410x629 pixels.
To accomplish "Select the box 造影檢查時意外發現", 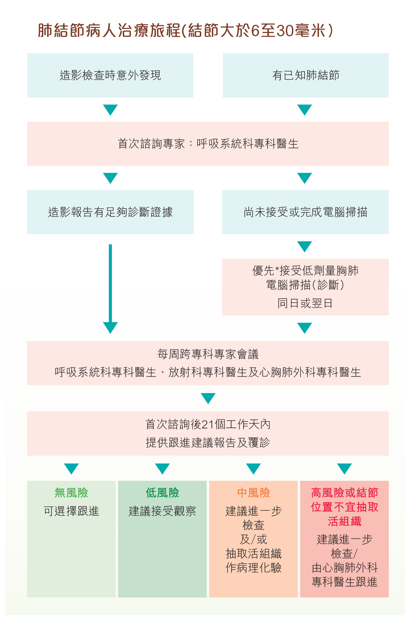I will pos(110,75).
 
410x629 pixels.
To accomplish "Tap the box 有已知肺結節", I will pos(306,75).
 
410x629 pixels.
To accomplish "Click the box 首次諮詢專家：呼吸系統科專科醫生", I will pos(208,144).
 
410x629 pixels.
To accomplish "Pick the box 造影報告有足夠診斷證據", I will pos(110,212).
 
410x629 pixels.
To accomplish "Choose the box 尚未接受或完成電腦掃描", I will pos(305,212).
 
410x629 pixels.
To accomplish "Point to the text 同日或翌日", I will pos(305,303).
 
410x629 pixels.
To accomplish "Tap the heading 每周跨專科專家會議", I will pos(208,355).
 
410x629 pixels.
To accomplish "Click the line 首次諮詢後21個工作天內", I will pos(208,424).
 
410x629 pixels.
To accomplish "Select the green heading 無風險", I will pos(71,493).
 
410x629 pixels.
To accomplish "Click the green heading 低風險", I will pos(162,493).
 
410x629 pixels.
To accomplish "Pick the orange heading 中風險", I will pos(253,493).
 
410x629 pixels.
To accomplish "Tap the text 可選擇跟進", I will pos(71,511).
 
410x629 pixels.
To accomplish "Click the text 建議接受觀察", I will pos(162,511).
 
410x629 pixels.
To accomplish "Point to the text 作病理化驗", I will pos(253,568).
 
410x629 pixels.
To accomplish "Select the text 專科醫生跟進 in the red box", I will pos(345,582).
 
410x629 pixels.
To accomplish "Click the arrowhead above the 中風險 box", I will pos(253,469).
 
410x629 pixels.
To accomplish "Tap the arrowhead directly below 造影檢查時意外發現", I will pos(110,110).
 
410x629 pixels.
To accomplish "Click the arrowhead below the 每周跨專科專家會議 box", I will pos(208,398).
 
